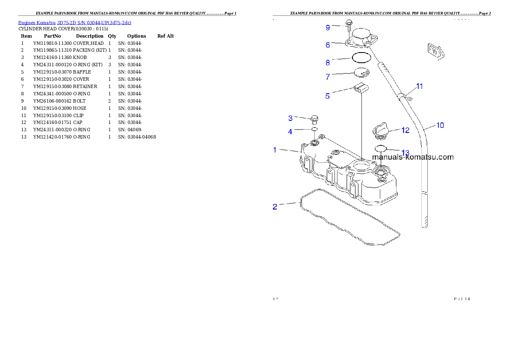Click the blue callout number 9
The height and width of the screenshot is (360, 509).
tap(328, 28)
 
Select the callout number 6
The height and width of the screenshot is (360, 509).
tap(328, 45)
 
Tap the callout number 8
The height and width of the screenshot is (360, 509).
tap(328, 62)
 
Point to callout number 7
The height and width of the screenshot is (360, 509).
tap(328, 77)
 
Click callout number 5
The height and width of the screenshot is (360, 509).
tap(328, 96)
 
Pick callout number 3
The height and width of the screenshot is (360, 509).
tap(290, 118)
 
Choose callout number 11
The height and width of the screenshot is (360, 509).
tap(420, 86)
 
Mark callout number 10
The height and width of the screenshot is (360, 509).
tap(440, 125)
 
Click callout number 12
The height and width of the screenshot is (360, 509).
tap(405, 130)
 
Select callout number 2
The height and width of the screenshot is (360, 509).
tap(275, 207)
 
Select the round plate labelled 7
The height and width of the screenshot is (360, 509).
tap(361, 74)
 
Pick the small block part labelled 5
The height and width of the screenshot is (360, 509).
tap(361, 89)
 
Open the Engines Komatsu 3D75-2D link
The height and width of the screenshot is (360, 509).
tap(74, 22)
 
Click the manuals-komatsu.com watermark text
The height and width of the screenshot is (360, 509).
tap(413, 157)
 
